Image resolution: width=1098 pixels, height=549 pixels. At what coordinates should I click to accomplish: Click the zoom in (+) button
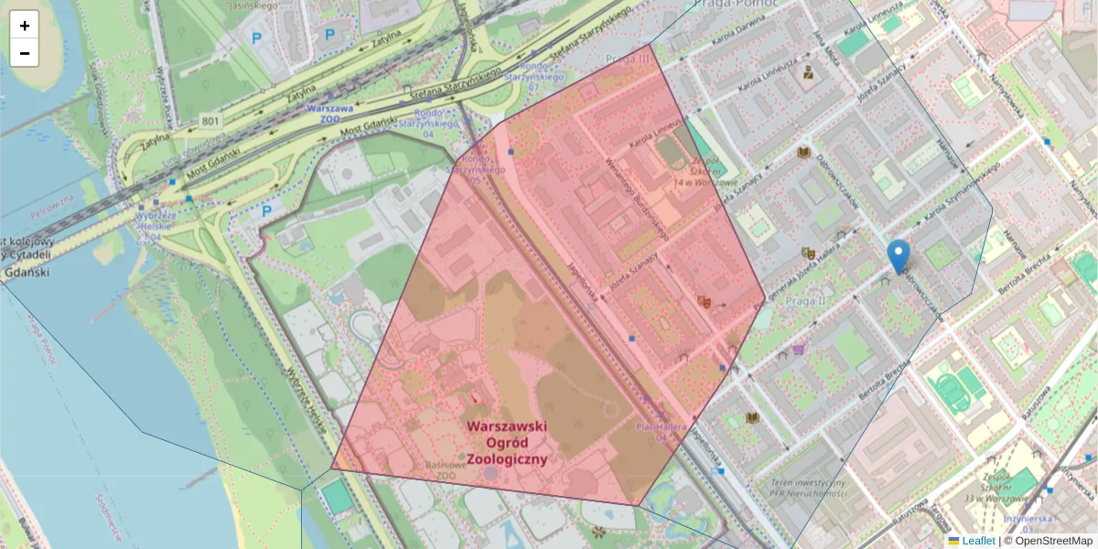click(x=25, y=26)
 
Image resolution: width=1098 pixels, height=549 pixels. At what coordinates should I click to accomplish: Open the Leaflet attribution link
click(x=978, y=541)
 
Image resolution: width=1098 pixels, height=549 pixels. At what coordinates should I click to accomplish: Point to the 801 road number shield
click(x=211, y=121)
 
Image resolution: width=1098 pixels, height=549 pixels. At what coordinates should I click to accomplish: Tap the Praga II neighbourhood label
click(x=805, y=300)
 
